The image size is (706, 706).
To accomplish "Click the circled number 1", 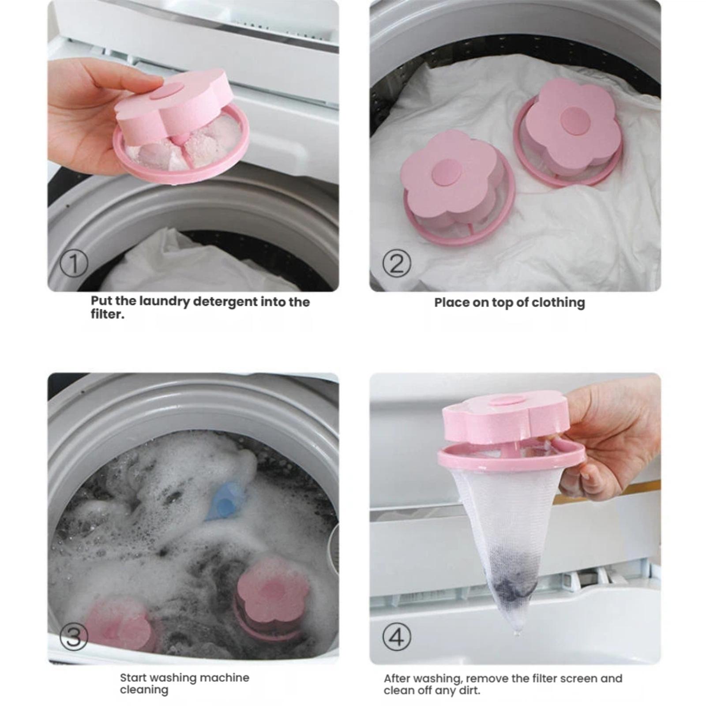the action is click(x=74, y=263).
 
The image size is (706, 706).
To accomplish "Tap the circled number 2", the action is click(x=397, y=263).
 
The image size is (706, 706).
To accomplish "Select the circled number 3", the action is click(x=74, y=636).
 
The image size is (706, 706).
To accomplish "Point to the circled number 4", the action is click(x=397, y=636).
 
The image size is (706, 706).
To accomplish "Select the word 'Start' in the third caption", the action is click(x=133, y=677).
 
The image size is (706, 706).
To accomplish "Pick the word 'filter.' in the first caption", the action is click(x=108, y=314).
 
